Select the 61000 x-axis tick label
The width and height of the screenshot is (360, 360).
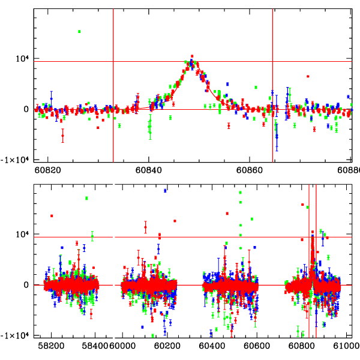coord(347,346)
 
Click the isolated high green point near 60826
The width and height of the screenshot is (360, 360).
coord(79,31)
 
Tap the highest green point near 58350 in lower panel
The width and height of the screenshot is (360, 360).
coord(86,198)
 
